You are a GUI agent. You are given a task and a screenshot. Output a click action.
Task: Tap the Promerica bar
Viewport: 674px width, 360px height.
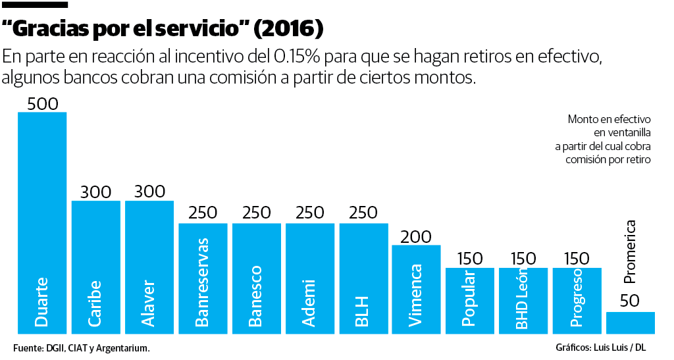pos(630,322)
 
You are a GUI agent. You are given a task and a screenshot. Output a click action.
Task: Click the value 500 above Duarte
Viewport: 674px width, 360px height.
pos(42,104)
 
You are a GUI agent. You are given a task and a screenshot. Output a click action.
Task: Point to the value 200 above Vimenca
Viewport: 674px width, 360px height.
pos(416,236)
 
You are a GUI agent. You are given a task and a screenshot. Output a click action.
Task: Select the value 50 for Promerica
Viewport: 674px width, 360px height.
pos(630,301)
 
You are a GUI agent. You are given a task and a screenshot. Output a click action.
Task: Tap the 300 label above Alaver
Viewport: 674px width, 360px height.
pos(149,192)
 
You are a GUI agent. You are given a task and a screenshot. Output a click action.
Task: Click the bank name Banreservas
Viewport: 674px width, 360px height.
pos(203,282)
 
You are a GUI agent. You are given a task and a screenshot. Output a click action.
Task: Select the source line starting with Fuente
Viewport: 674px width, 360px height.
pos(81,347)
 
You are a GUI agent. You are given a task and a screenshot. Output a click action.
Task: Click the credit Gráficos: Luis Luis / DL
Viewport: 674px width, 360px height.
pos(601,347)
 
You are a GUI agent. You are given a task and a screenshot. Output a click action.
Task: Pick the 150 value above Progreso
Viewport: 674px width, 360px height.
pos(576,259)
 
